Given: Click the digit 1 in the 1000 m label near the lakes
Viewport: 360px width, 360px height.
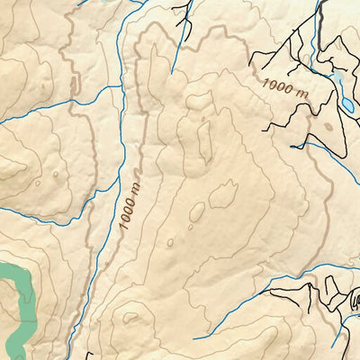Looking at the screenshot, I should tap(266, 81).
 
